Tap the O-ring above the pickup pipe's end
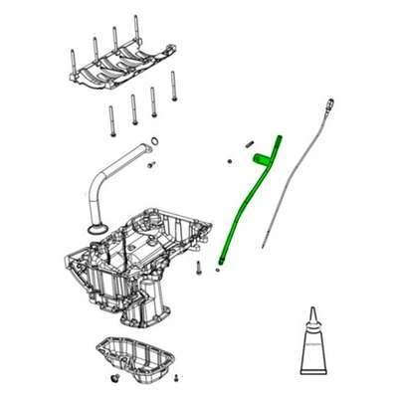[x=154, y=139]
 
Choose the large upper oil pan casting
[x=134, y=259]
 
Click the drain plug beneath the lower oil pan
[x=116, y=379]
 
